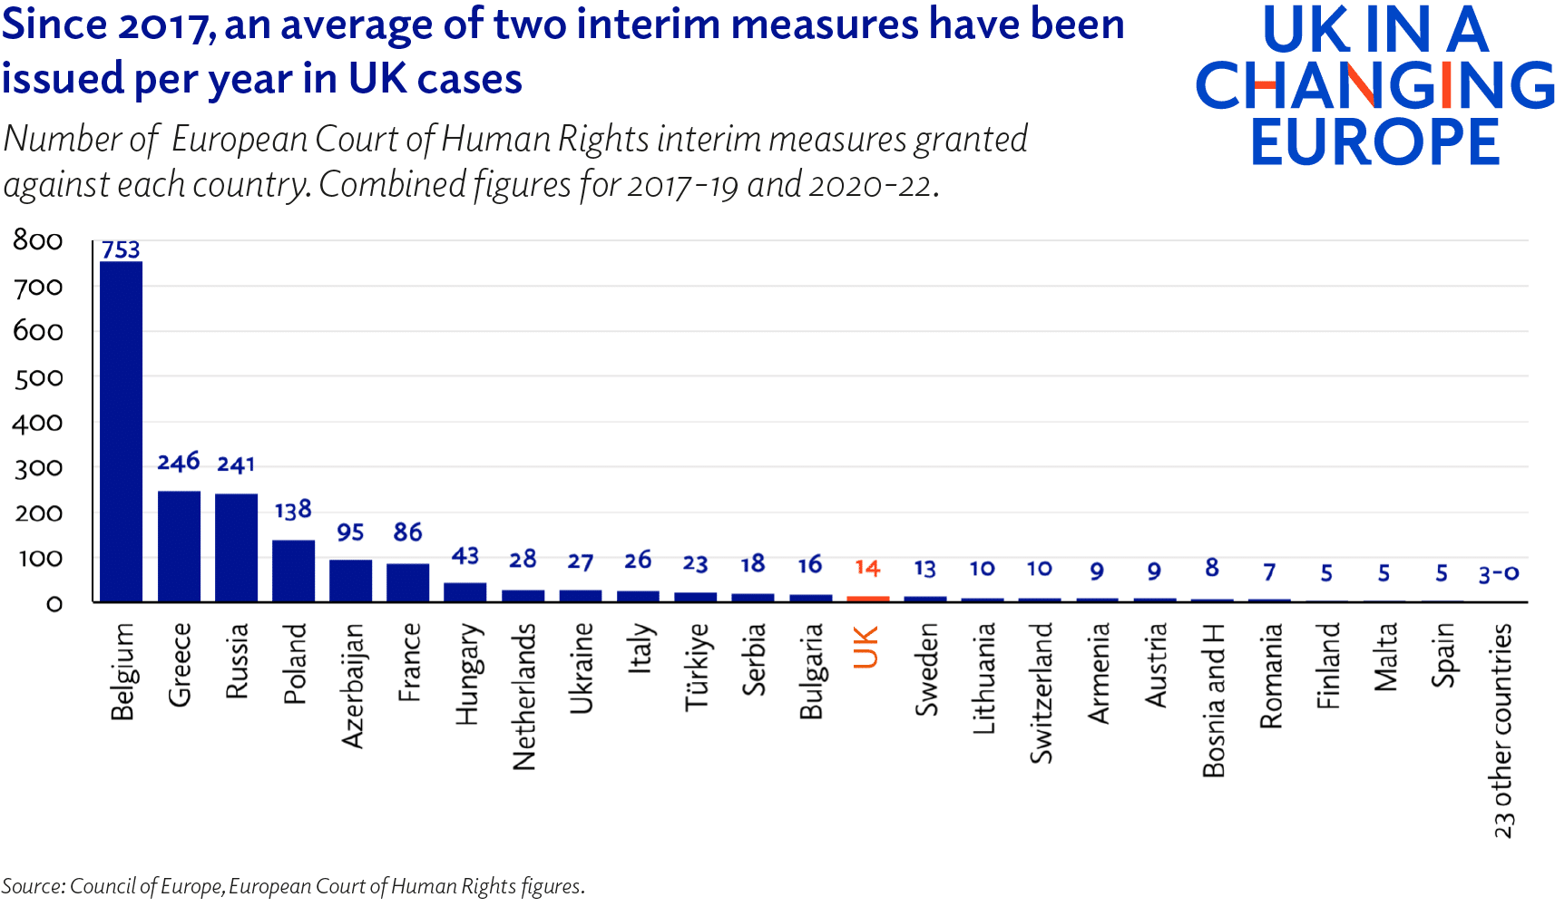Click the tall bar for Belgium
click(121, 432)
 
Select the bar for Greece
click(179, 546)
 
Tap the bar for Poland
click(293, 571)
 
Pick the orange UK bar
click(867, 599)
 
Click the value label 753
click(121, 249)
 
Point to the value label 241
click(236, 464)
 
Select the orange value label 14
click(867, 568)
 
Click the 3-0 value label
click(1498, 573)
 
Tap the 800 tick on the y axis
click(38, 240)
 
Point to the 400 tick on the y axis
click(38, 423)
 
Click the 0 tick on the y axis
click(54, 604)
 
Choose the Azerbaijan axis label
click(352, 685)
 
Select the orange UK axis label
click(866, 648)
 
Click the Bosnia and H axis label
click(1214, 700)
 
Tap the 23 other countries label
click(1502, 730)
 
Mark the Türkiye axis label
click(697, 667)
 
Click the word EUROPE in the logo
click(1374, 142)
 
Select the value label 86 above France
click(407, 532)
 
